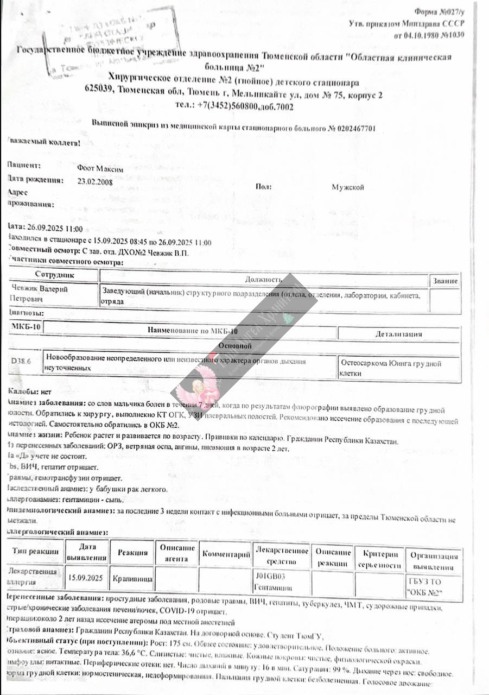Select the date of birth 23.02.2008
point(96,182)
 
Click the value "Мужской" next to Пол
point(348,187)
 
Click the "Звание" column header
point(445,281)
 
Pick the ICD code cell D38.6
point(21,360)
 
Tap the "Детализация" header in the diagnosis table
point(399,334)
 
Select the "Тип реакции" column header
point(33,552)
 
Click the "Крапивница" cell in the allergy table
point(132,579)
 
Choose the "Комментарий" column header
point(226,555)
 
